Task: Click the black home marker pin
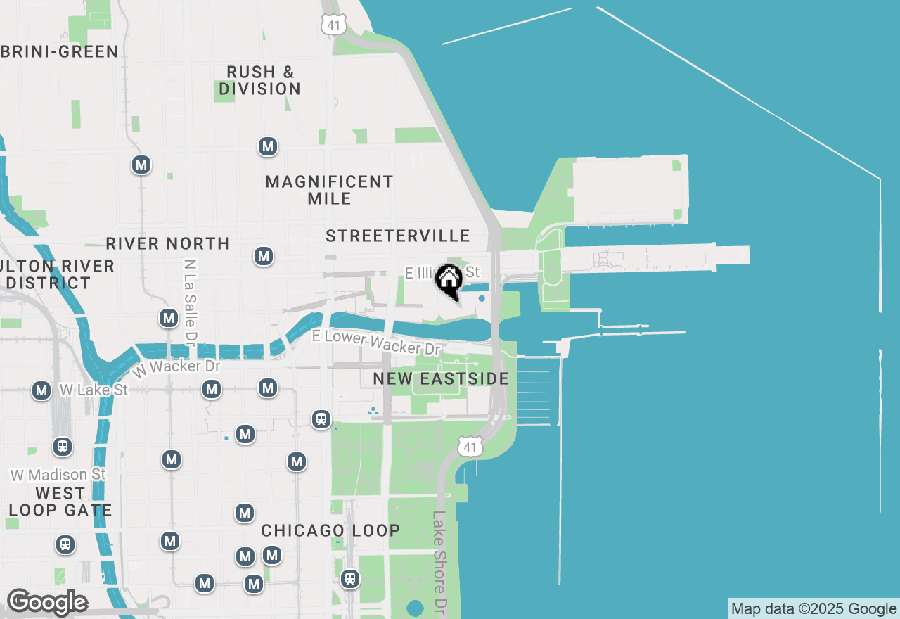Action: pyautogui.click(x=448, y=280)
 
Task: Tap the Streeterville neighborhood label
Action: pyautogui.click(x=397, y=236)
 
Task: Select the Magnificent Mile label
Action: pyautogui.click(x=329, y=190)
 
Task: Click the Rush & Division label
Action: pyautogui.click(x=259, y=80)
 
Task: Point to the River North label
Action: pyautogui.click(x=167, y=244)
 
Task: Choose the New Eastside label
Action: pyautogui.click(x=441, y=379)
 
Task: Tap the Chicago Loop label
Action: pyautogui.click(x=330, y=531)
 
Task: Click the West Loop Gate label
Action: pyautogui.click(x=60, y=502)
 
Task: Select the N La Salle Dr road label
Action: pyautogui.click(x=189, y=302)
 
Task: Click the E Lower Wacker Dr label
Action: pyautogui.click(x=376, y=343)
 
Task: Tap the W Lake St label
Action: pyautogui.click(x=94, y=390)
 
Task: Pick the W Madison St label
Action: pyautogui.click(x=58, y=476)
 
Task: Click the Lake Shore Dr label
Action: pyautogui.click(x=440, y=563)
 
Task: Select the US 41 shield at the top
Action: pyautogui.click(x=332, y=25)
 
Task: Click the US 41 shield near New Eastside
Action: pyautogui.click(x=470, y=446)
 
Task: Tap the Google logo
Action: pyautogui.click(x=47, y=602)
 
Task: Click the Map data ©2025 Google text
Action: pyautogui.click(x=814, y=609)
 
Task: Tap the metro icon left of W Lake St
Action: pyautogui.click(x=41, y=390)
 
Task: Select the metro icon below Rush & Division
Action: pyautogui.click(x=267, y=146)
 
